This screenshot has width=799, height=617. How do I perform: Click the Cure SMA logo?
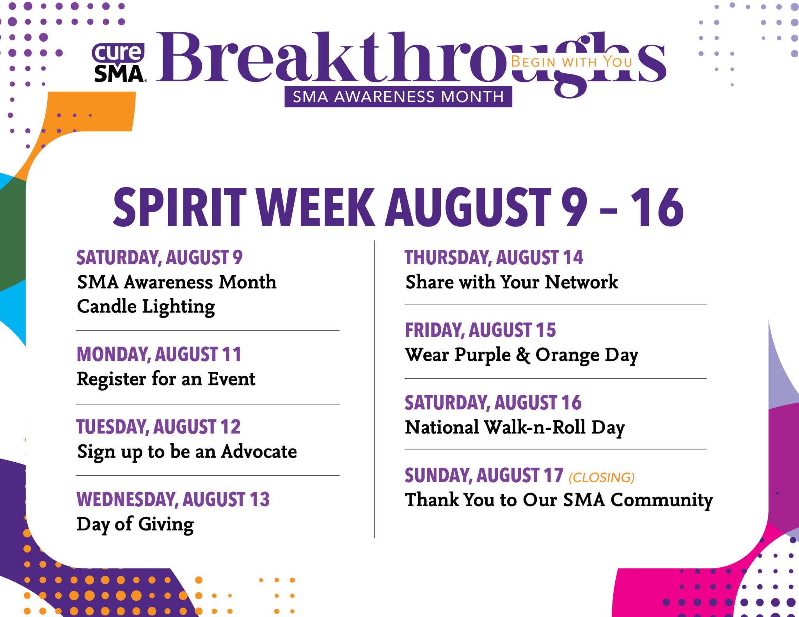pyautogui.click(x=119, y=62)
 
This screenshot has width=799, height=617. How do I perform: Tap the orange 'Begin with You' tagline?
pyautogui.click(x=571, y=62)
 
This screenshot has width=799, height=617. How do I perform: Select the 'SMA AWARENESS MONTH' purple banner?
pyautogui.click(x=398, y=97)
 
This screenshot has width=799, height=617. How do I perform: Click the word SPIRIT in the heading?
pyautogui.click(x=180, y=207)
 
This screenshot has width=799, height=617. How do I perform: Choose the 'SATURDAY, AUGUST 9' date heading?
pyautogui.click(x=159, y=258)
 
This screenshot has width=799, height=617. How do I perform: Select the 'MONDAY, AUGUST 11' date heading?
pyautogui.click(x=159, y=354)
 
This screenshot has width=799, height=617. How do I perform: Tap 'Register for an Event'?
pyautogui.click(x=166, y=379)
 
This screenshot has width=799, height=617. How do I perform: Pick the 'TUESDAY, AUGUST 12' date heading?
pyautogui.click(x=158, y=427)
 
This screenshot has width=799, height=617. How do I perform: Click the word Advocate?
pyautogui.click(x=259, y=451)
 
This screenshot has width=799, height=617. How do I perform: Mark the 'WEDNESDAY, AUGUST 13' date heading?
pyautogui.click(x=173, y=500)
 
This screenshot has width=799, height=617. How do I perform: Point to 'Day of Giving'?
pyautogui.click(x=135, y=525)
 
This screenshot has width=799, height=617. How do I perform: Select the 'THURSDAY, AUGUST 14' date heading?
pyautogui.click(x=494, y=258)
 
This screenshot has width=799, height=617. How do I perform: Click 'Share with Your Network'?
pyautogui.click(x=511, y=282)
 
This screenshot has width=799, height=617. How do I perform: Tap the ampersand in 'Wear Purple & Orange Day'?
pyautogui.click(x=523, y=355)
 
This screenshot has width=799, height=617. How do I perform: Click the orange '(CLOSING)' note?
pyautogui.click(x=602, y=477)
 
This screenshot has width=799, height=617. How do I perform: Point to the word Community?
pyautogui.click(x=661, y=500)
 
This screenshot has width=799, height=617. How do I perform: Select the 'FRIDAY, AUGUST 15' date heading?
pyautogui.click(x=480, y=330)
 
